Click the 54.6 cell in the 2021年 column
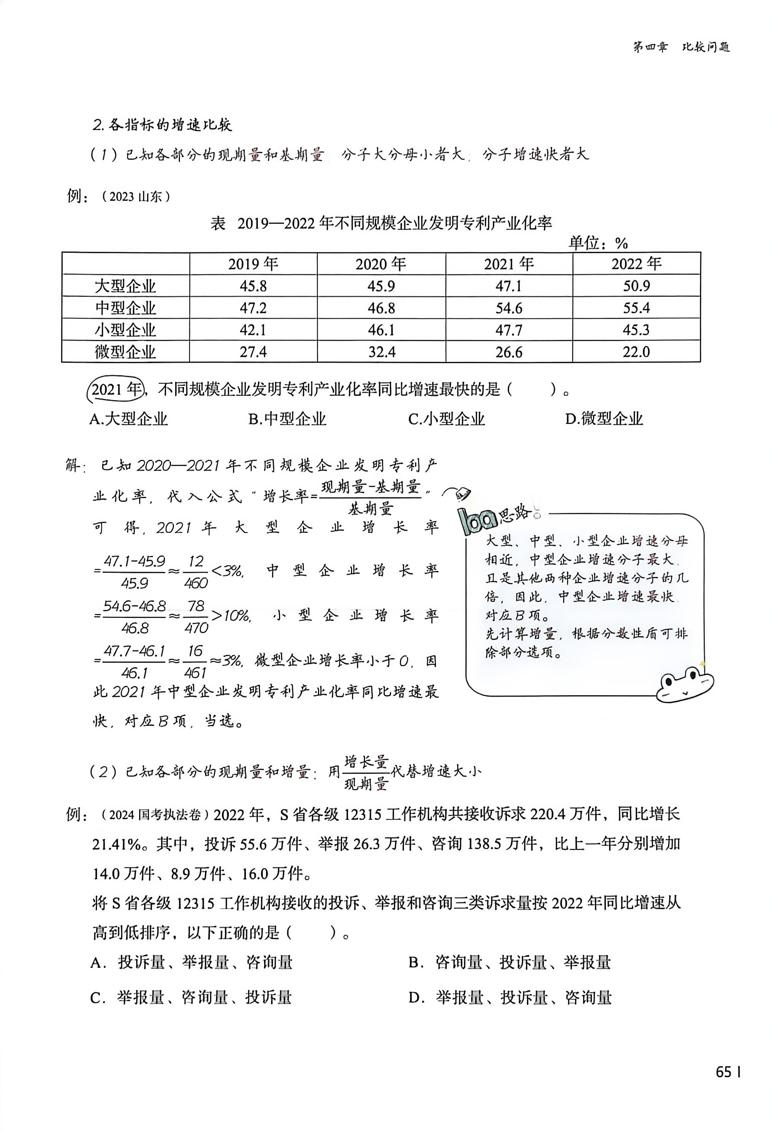click(509, 308)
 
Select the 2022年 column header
click(636, 264)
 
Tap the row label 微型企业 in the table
click(125, 352)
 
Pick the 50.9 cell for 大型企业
click(636, 286)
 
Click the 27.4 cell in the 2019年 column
click(253, 352)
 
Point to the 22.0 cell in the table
click(636, 352)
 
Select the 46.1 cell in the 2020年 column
click(381, 330)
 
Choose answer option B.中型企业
click(287, 419)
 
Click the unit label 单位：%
click(598, 243)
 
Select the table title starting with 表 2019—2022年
click(381, 223)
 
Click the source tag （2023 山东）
click(136, 197)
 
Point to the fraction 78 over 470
click(196, 617)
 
